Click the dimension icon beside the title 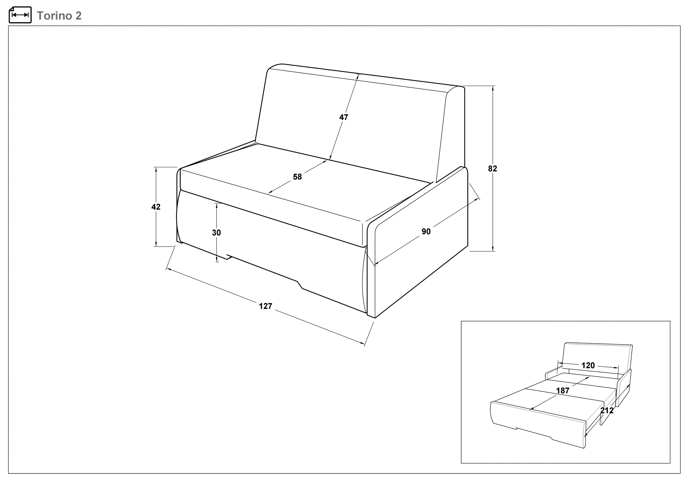pyautogui.click(x=20, y=15)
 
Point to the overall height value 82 pyautogui.click(x=492, y=169)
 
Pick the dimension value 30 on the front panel pyautogui.click(x=216, y=233)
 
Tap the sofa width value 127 pyautogui.click(x=266, y=306)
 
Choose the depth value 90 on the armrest pyautogui.click(x=426, y=231)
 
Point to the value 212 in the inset pyautogui.click(x=607, y=410)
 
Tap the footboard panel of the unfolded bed pyautogui.click(x=537, y=425)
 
